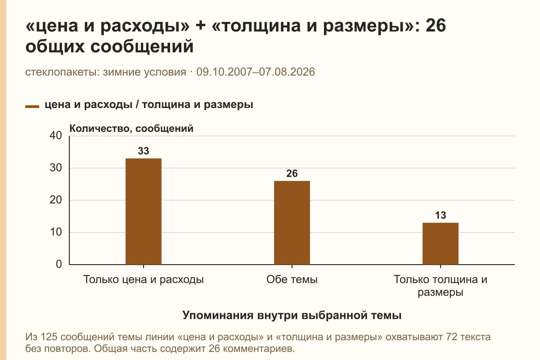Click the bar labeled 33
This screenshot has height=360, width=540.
tap(144, 211)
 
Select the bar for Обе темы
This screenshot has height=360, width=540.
tap(292, 223)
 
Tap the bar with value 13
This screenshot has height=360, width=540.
tap(441, 244)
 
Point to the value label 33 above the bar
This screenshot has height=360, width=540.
tap(144, 151)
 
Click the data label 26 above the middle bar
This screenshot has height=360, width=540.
tap(292, 173)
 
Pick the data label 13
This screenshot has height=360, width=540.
tap(441, 215)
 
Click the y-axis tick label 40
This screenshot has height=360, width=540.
tap(56, 135)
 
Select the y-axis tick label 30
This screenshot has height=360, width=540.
tap(56, 168)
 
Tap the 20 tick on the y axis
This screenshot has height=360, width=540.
tap(56, 200)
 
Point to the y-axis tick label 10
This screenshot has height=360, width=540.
tap(56, 232)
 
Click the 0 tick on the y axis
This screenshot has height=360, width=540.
tap(59, 264)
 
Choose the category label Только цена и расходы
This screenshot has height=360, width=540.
tap(144, 280)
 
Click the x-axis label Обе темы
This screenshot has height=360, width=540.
tap(292, 280)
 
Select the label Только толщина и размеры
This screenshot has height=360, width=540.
tap(441, 286)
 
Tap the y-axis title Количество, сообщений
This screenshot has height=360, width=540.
tap(131, 129)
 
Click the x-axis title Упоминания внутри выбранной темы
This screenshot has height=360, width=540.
tap(292, 315)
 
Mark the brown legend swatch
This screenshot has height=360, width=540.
tap(32, 107)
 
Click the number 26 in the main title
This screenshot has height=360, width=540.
tap(436, 26)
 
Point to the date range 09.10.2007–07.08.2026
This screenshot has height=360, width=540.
tap(256, 72)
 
